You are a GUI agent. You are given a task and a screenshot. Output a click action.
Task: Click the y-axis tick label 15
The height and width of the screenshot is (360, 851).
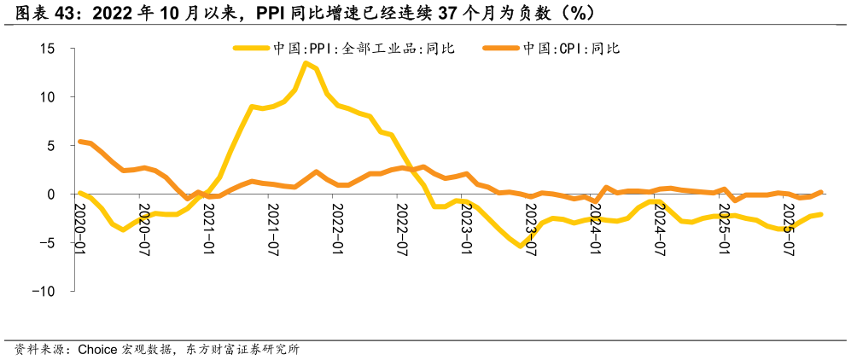[x=48, y=49]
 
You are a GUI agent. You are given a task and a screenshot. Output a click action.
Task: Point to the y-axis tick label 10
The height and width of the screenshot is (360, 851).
[x=48, y=97]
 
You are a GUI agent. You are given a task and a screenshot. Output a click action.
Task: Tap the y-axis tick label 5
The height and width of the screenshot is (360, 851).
[x=51, y=146]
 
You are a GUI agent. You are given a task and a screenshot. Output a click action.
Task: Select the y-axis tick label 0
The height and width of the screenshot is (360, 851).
[x=51, y=195]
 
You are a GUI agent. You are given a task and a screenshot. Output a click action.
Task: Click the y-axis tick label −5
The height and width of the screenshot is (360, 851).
[x=45, y=243]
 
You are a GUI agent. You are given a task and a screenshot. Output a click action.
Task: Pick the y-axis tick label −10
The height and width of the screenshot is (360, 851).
[x=42, y=291]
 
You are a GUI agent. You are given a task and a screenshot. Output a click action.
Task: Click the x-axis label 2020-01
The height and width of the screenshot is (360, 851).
[x=80, y=228]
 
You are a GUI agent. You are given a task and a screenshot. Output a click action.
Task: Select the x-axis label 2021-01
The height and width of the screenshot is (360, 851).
[x=208, y=228]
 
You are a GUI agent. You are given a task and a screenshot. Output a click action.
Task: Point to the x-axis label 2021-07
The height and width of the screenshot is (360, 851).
[x=272, y=228]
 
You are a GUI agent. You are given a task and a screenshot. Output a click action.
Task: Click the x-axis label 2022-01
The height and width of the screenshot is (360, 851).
[x=337, y=228]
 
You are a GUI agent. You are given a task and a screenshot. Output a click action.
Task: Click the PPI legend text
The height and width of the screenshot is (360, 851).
[x=364, y=49]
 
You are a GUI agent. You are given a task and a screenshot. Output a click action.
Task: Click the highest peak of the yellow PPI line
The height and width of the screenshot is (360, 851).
[x=306, y=63]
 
